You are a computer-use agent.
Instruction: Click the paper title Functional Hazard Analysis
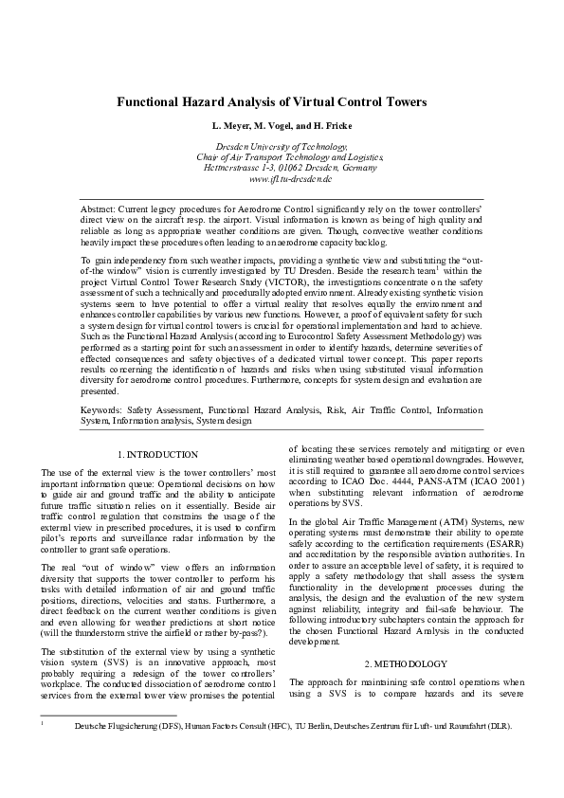click(282, 101)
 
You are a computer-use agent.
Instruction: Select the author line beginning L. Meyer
click(282, 126)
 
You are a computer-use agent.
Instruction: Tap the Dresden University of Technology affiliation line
click(282, 147)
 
